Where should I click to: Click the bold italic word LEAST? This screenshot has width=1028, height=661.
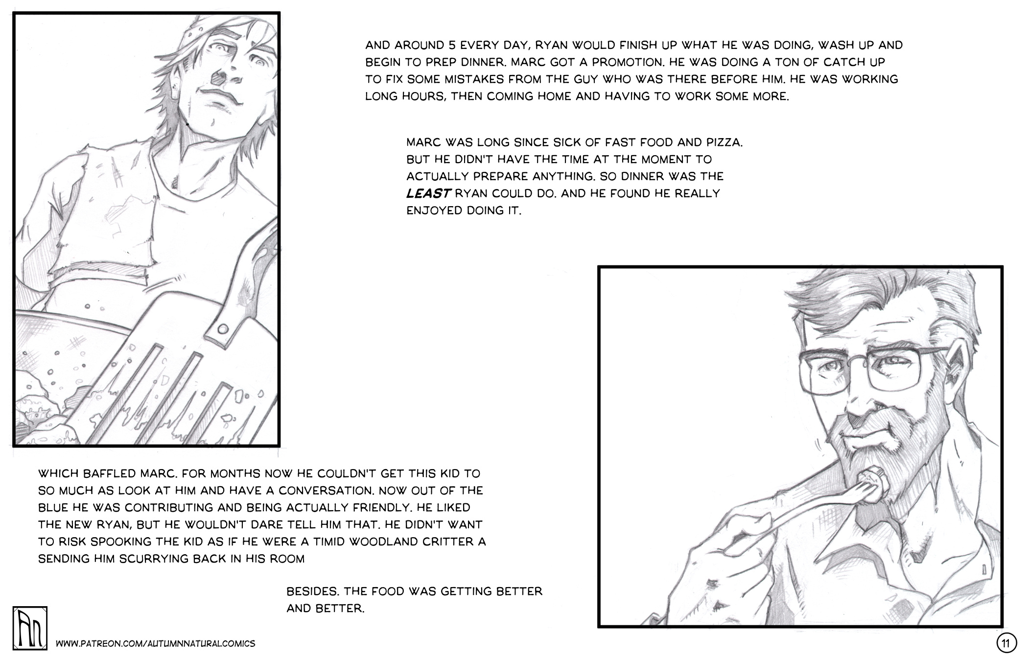[x=428, y=193]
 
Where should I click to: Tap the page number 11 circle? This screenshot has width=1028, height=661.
[x=1006, y=643]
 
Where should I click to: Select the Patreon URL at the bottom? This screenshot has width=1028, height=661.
[x=156, y=643]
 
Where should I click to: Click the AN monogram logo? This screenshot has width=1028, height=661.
[x=30, y=628]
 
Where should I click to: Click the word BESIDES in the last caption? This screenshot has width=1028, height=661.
[x=312, y=591]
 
